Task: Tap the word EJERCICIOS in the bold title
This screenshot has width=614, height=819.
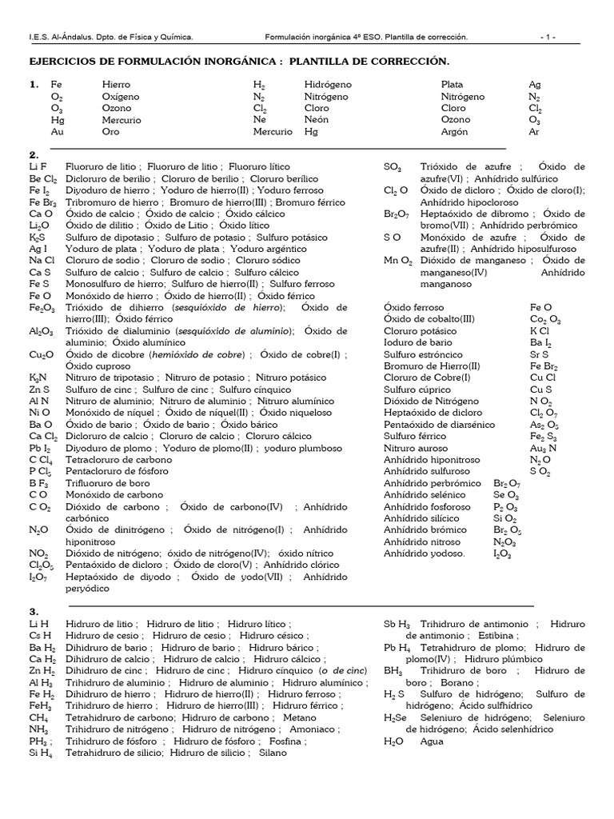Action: pos(69,62)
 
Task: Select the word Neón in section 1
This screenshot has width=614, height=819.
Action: pos(317,119)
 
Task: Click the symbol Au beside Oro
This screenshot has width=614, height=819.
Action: pos(57,131)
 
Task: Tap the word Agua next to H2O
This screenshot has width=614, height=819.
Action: pos(431,741)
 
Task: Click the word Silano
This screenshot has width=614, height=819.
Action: pos(272,753)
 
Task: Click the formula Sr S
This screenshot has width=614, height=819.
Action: pos(538,354)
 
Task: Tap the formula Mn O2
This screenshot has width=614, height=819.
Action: pos(397,261)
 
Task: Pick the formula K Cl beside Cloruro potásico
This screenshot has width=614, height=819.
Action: pos(538,331)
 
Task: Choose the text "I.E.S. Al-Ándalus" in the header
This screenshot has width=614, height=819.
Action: pos(59,37)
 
